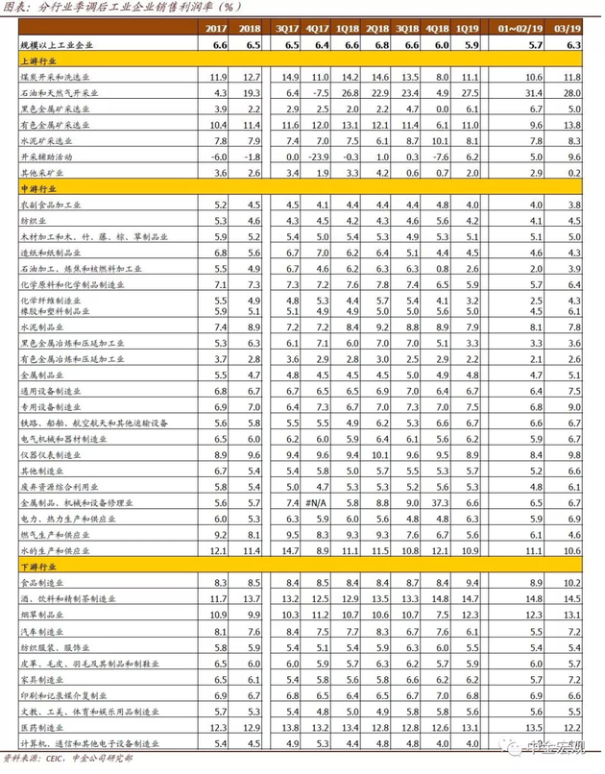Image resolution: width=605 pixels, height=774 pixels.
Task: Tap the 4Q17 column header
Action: click(318, 28)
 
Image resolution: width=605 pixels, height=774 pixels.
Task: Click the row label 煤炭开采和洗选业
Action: click(57, 76)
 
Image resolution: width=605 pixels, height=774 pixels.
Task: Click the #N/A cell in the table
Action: click(317, 502)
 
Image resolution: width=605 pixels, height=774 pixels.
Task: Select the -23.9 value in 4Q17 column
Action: click(317, 156)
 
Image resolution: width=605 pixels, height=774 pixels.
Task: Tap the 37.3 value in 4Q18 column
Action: click(440, 502)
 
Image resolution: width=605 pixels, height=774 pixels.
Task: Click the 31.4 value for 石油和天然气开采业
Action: click(533, 92)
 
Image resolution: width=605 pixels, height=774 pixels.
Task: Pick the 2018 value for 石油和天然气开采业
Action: click(252, 92)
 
